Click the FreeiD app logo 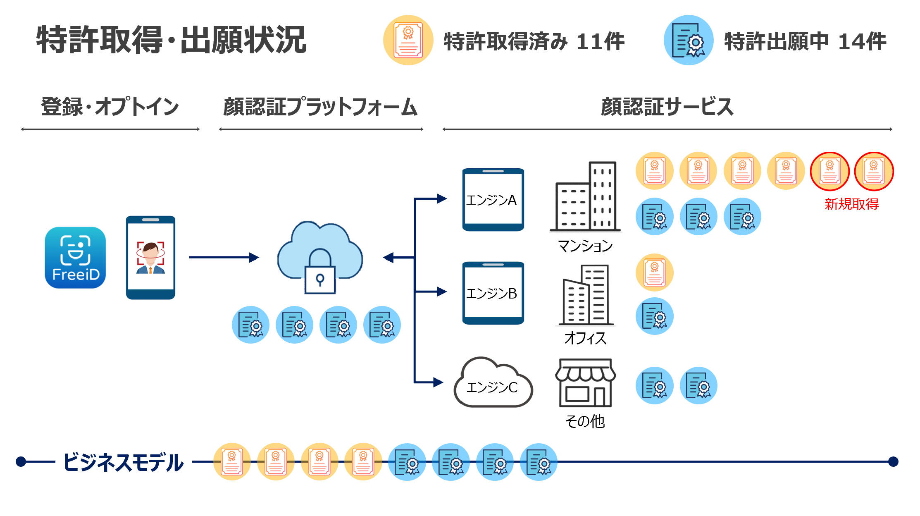point(75,258)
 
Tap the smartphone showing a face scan point(150,258)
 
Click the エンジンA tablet point(493,200)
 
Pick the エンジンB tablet point(493,293)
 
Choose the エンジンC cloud point(493,385)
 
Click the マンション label point(585,246)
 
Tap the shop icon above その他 point(585,383)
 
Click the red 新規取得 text point(851,204)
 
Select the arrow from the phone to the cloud point(224,258)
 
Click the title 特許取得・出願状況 point(171,40)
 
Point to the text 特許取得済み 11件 point(534,41)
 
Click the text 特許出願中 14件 point(805,41)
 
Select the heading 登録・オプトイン point(110,107)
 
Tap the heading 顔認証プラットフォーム point(320,107)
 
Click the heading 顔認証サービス point(667,107)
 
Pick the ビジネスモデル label point(123,462)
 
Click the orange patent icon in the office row point(654,272)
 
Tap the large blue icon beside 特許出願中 point(688,40)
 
